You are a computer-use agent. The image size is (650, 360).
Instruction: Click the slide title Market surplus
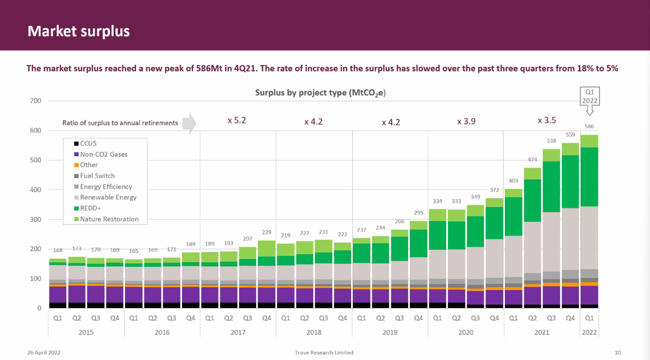point(78,31)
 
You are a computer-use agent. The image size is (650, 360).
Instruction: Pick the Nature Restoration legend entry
point(108,219)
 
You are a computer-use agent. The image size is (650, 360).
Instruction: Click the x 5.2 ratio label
point(236,121)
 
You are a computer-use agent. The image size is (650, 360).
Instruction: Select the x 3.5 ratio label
point(546,121)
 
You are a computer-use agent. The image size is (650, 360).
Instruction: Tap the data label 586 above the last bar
point(589,127)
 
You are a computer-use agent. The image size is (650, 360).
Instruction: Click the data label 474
point(532,160)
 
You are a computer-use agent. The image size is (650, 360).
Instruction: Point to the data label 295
point(418,213)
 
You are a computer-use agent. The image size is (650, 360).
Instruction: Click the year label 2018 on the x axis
point(314,332)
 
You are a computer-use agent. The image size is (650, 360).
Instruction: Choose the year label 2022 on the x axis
point(589,332)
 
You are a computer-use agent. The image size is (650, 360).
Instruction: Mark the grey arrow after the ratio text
point(189,122)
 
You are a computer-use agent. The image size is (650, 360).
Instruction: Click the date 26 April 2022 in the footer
point(43,353)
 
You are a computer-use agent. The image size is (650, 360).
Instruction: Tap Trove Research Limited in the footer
point(324,353)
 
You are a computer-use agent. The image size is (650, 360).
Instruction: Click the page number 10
point(618,353)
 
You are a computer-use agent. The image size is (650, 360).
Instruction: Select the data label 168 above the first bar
point(58,250)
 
